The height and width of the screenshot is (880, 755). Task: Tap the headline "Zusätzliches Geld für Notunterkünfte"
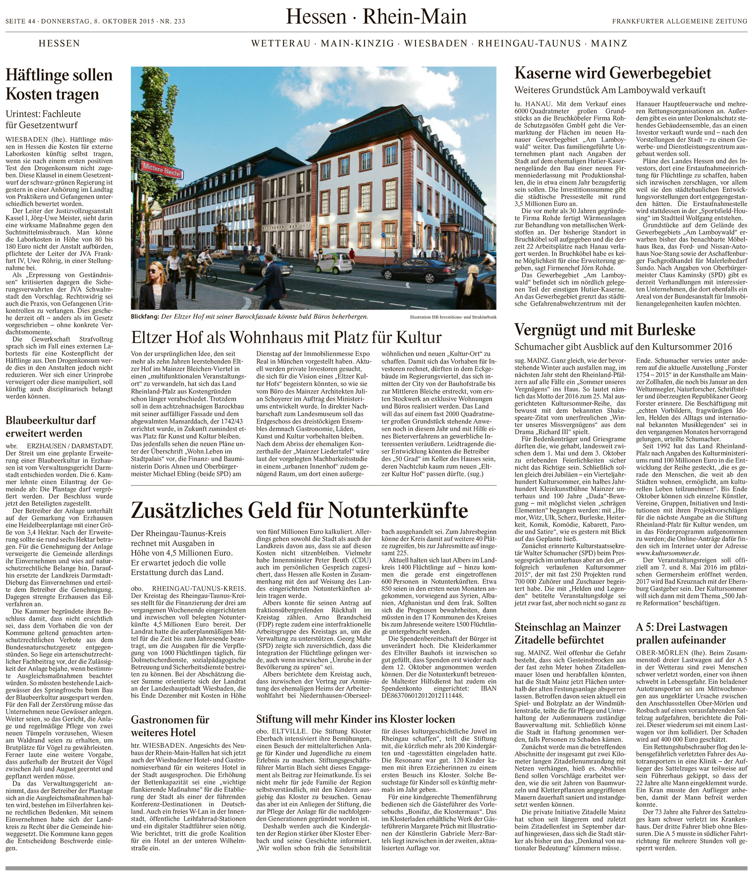pyautogui.click(x=300, y=510)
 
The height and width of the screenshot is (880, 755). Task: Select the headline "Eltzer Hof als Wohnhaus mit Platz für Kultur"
pyautogui.click(x=287, y=337)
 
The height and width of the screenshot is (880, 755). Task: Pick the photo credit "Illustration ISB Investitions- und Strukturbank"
pyautogui.click(x=453, y=317)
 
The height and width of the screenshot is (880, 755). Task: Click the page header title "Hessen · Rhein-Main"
pyautogui.click(x=376, y=17)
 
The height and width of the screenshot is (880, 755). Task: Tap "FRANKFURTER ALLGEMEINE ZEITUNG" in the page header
pyautogui.click(x=679, y=21)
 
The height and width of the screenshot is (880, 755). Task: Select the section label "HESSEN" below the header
pyautogui.click(x=59, y=43)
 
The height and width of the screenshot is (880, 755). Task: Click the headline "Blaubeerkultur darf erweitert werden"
pyautogui.click(x=51, y=426)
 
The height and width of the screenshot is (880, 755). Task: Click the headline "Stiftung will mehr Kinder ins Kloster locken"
pyautogui.click(x=355, y=719)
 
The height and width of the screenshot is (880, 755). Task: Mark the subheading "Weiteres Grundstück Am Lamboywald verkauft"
pyautogui.click(x=610, y=90)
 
